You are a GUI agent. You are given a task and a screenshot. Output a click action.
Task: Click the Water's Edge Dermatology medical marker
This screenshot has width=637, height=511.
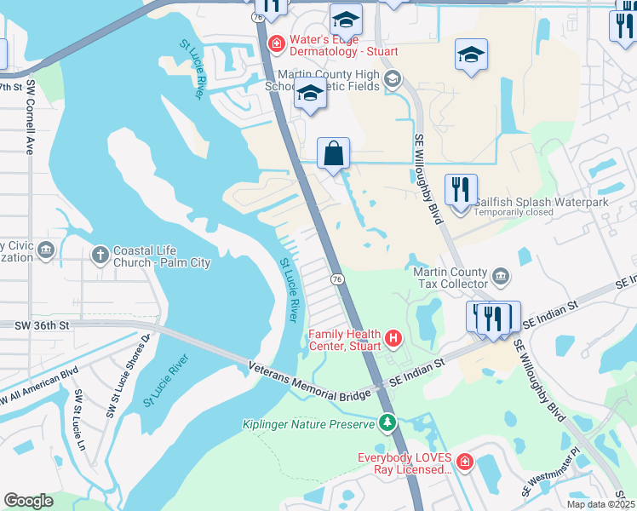click(x=276, y=43)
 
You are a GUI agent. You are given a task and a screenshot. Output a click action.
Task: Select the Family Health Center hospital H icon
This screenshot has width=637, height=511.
click(x=393, y=339)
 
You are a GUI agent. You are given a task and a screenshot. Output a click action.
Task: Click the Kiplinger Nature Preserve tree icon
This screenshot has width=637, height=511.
click(x=387, y=422)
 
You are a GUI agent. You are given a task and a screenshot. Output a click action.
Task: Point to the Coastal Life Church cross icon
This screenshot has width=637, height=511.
click(x=100, y=254)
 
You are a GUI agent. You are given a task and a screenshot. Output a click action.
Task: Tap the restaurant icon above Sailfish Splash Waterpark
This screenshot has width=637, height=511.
click(x=461, y=190)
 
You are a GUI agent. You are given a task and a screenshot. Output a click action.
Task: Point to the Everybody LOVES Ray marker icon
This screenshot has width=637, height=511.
click(x=464, y=463)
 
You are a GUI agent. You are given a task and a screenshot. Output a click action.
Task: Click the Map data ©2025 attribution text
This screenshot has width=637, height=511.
click(x=602, y=504)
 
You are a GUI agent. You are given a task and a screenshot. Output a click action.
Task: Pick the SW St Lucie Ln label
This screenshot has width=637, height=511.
click(x=80, y=409)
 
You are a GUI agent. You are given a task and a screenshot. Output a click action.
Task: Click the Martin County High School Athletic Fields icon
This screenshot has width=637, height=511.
click(x=393, y=80)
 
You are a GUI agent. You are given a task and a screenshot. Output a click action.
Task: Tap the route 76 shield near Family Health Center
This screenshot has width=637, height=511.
click(x=337, y=278)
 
